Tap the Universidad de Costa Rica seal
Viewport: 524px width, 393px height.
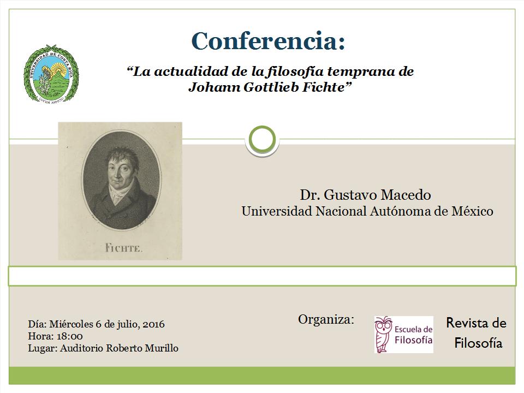coord(51,74)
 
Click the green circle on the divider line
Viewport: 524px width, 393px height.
coord(263,140)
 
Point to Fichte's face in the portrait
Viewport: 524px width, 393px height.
coord(120,170)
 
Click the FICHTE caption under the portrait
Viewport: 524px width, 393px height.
coord(124,248)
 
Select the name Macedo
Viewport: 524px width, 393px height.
coord(406,195)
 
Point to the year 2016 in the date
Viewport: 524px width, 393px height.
coord(154,324)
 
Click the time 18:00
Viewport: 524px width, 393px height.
coord(70,336)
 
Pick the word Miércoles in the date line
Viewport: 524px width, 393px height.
coord(71,324)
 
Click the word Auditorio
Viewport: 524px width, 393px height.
coord(81,348)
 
